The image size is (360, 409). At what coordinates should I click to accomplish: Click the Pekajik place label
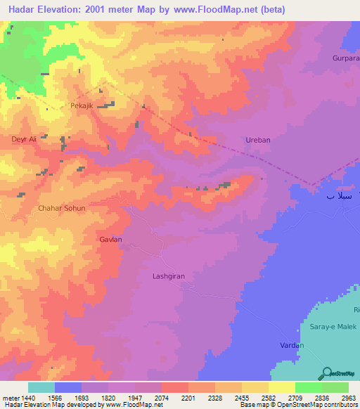point(82,105)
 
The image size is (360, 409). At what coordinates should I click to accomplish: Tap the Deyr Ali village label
point(23,139)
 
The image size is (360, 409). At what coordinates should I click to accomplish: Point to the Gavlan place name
point(110,240)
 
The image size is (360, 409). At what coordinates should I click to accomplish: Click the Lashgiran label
point(169,276)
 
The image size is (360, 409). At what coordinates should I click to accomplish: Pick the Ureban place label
point(257,140)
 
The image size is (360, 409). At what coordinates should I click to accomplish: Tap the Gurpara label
point(345,58)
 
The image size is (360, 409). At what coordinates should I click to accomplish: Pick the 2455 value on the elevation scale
point(242,397)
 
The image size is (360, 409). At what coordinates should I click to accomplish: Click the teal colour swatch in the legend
point(41,387)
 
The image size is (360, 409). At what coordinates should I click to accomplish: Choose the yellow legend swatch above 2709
point(281,387)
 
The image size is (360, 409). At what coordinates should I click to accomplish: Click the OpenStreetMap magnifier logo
point(326,372)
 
